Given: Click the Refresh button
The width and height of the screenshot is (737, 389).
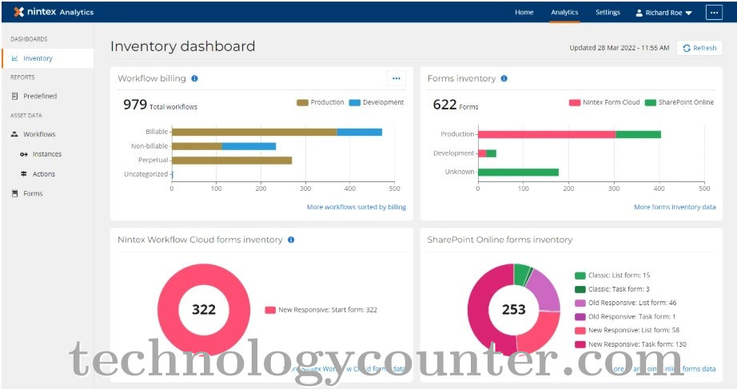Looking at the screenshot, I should tap(699, 48).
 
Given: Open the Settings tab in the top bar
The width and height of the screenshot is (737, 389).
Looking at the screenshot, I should tap(608, 13).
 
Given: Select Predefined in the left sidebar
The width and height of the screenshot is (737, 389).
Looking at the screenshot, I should tap(39, 96).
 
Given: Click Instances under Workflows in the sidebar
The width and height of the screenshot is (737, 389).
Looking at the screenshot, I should tap(46, 154).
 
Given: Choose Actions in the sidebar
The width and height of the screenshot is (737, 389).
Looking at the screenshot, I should tap(43, 174).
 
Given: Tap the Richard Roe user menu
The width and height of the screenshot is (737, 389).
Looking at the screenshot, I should tap(663, 13).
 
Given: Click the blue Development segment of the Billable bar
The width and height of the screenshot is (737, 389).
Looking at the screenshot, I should tap(359, 132).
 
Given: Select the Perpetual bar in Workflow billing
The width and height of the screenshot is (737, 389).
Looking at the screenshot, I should tap(232, 160).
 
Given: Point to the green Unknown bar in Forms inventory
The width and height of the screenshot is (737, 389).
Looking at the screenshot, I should tap(517, 172).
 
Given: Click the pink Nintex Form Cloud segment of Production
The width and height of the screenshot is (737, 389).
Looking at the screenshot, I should tap(547, 134).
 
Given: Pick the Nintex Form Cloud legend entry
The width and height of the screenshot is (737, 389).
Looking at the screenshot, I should tap(605, 102).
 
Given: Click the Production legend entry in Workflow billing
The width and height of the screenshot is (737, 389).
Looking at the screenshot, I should tap(321, 102).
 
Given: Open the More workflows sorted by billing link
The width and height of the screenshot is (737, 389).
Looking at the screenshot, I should tap(356, 207).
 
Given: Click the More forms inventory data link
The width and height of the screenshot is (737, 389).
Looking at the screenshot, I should tap(675, 207).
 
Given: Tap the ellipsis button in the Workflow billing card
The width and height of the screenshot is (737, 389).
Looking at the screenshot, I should tap(396, 78).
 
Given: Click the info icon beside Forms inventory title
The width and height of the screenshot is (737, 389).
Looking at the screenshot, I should tap(504, 78).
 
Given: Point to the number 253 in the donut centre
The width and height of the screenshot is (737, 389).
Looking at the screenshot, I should tap(514, 309).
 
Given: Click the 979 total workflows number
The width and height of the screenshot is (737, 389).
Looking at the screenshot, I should tap(135, 105).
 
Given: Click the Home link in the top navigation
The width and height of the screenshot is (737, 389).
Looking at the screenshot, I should tap(524, 13).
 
